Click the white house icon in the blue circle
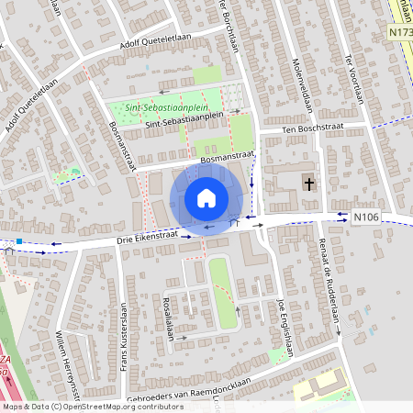pos(206,198)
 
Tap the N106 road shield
pos(365,218)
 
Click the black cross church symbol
pos(309,184)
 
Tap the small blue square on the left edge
pos(18,240)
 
